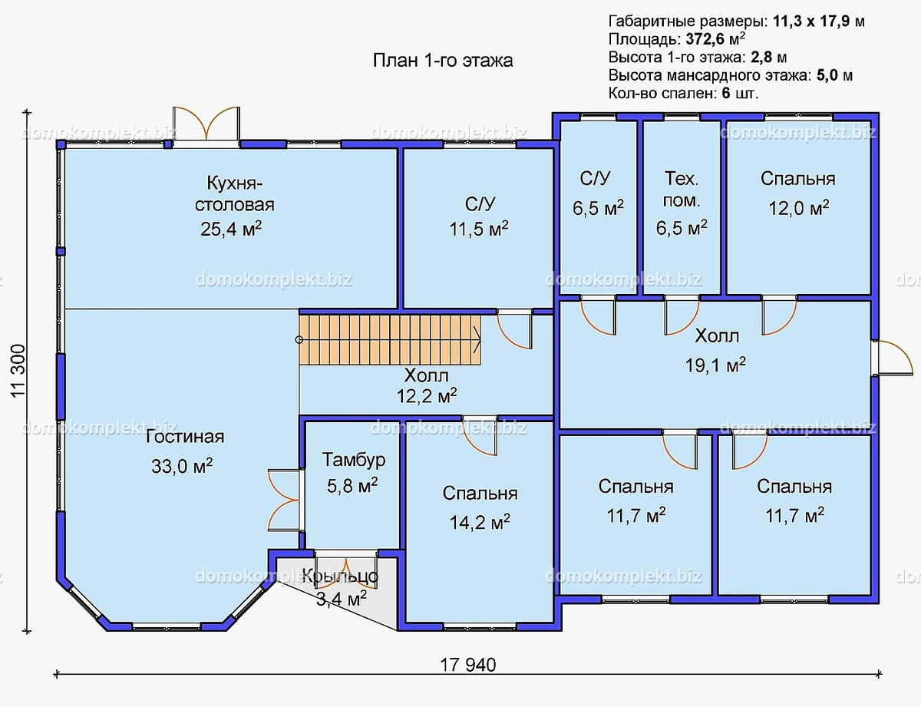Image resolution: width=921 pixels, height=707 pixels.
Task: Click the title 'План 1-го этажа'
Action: pos(443,61)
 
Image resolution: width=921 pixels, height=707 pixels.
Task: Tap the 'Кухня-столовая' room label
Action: pos(234,194)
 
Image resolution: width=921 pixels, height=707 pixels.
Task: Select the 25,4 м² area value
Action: pos(231,229)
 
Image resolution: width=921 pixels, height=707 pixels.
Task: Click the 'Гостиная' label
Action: pos(185,437)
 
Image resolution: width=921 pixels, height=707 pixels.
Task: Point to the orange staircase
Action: pos(391,339)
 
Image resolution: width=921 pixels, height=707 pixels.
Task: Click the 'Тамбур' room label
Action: pos(354,460)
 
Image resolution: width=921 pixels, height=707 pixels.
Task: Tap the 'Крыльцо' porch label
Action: pos(340,576)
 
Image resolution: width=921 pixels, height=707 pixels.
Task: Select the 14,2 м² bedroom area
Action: pos(480,522)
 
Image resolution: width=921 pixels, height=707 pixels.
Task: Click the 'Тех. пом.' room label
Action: pos(682,190)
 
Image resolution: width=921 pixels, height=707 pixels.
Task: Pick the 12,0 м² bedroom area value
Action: pos(799,208)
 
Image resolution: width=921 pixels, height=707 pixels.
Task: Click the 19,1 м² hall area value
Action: pos(715,365)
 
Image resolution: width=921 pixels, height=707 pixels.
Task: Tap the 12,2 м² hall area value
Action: pos(427,396)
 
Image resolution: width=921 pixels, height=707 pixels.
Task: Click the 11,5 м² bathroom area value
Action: pos(479,230)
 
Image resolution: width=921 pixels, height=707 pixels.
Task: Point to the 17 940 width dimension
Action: pos(468,665)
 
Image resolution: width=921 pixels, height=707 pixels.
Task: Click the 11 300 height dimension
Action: pos(19,371)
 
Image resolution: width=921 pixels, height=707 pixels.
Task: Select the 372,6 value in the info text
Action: pos(704,39)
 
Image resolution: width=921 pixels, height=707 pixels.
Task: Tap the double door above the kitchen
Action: pos(206,124)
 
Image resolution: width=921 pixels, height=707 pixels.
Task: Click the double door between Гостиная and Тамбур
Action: pos(283,500)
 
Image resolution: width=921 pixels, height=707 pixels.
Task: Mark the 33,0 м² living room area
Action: pos(182,466)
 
